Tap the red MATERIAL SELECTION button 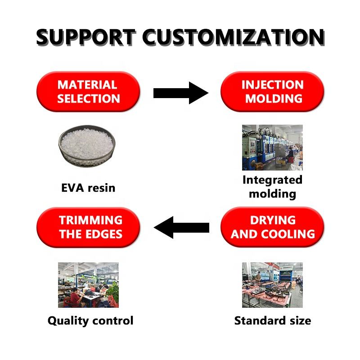point(88,92)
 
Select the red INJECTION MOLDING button point(272,92)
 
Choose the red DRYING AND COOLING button point(272,227)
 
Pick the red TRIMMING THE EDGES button point(88,227)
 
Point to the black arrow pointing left point(182,227)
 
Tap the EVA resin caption point(88,187)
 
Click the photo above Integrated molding point(272,148)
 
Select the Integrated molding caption point(272,187)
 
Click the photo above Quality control point(88,285)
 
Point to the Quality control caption point(90,321)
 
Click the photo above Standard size point(272,285)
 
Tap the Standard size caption point(272,321)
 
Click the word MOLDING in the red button point(272,99)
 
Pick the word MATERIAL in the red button point(87,85)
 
